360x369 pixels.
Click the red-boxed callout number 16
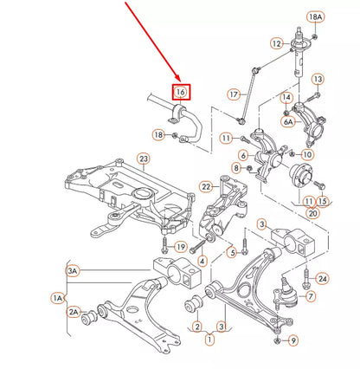pos(181,92)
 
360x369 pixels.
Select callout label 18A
pos(314,17)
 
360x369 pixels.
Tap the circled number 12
pos(276,43)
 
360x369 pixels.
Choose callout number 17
pos(234,94)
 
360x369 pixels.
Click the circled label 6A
pos(287,122)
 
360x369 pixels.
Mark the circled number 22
pos(206,187)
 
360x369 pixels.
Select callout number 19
pos(181,247)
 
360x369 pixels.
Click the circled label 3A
pos(73,270)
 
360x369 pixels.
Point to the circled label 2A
pos(74,311)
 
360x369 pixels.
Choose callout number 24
pos(323,279)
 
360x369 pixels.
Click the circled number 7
pos(311,297)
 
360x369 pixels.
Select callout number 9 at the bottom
pos(292,340)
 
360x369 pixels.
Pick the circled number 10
pos(307,154)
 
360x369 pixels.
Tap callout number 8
pos(236,166)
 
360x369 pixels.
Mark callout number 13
pos(318,80)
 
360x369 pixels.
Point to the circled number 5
pos(231,253)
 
